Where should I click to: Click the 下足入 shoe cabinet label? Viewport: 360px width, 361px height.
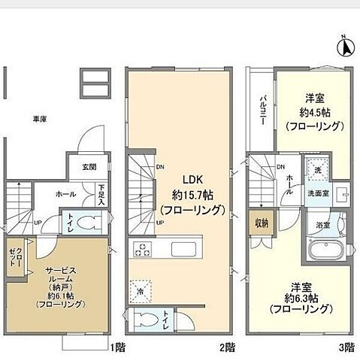101,197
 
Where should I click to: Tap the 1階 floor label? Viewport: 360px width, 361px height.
117,347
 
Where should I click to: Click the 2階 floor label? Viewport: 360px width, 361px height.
228,347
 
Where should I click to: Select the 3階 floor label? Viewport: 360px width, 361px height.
345,347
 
